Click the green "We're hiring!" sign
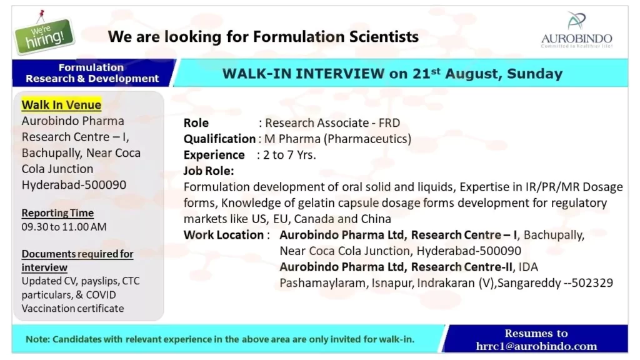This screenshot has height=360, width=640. click(x=44, y=34)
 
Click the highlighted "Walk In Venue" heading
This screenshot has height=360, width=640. click(x=61, y=104)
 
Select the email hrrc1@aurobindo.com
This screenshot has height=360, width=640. click(x=536, y=346)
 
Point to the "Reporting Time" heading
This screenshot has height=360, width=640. click(x=57, y=213)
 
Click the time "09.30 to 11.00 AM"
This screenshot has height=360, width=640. click(x=64, y=227)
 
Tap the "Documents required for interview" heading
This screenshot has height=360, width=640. click(x=77, y=261)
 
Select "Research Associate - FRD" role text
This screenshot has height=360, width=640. click(x=332, y=123)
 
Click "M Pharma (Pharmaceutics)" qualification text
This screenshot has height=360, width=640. click(x=337, y=139)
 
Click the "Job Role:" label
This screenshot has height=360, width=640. click(x=209, y=171)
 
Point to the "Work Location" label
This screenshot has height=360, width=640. click(x=224, y=235)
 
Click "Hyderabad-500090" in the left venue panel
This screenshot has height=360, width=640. click(x=74, y=185)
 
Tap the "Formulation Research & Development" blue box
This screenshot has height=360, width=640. click(x=92, y=73)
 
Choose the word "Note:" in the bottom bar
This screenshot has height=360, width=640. click(x=37, y=339)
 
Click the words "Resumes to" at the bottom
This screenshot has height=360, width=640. click(x=536, y=333)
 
